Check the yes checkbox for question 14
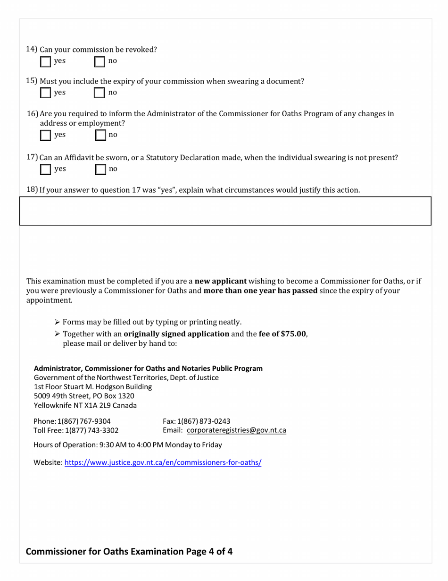click(x=46, y=61)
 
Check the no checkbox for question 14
click(x=100, y=61)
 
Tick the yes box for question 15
click(x=46, y=93)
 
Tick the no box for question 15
click(x=100, y=93)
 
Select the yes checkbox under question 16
click(x=46, y=136)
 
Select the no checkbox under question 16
click(x=100, y=136)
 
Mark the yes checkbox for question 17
click(x=46, y=169)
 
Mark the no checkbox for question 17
click(x=100, y=169)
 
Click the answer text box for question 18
click(x=225, y=211)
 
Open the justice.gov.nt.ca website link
click(x=163, y=463)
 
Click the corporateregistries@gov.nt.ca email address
click(x=236, y=430)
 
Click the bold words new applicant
click(x=221, y=282)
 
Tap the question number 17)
click(x=32, y=157)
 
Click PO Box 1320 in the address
click(x=110, y=396)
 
